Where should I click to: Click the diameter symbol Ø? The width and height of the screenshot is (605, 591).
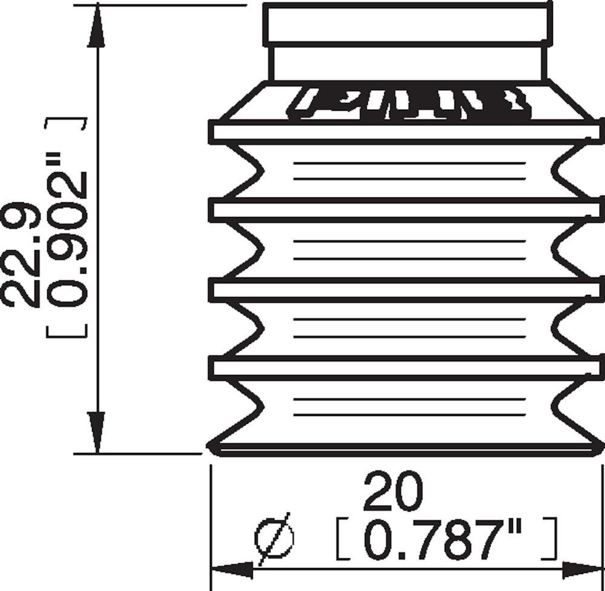pos(275,538)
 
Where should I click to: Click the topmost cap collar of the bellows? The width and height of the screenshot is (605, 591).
pos(407,24)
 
